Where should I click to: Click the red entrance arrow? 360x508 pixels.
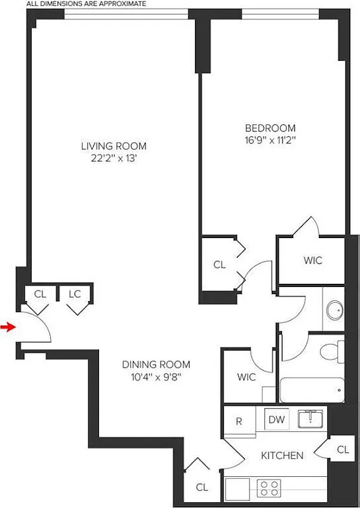[8, 327]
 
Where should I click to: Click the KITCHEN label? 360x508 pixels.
[281, 455]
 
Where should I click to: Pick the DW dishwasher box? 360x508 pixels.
[276, 419]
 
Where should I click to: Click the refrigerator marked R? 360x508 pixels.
[239, 420]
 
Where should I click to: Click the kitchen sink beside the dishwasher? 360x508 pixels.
[310, 418]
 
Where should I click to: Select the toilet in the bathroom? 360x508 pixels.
[331, 351]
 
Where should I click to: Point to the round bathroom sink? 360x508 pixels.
[334, 311]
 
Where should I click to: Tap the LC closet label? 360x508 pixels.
[74, 294]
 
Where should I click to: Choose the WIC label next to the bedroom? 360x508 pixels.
[313, 260]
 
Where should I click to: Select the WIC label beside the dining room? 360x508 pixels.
[246, 377]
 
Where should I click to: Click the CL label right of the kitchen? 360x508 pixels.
[343, 450]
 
